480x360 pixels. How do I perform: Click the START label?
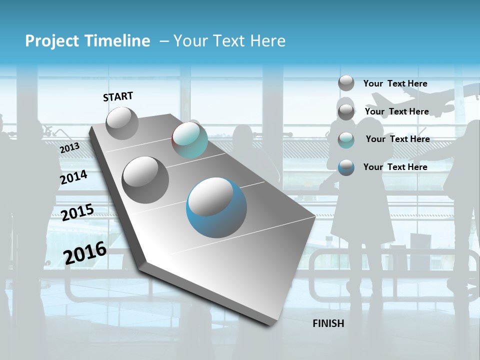[118, 96]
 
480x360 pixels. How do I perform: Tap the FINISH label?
[328, 323]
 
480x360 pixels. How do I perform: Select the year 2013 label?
[69, 147]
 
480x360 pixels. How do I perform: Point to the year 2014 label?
[73, 177]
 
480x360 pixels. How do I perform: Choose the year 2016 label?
[85, 252]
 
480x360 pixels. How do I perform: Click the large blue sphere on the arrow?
[216, 206]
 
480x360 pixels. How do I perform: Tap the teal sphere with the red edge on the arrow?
[189, 140]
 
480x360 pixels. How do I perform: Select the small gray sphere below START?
[122, 123]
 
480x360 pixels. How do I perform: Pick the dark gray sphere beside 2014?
[145, 179]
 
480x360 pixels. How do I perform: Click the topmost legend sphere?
[346, 83]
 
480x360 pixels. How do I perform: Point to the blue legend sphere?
[346, 167]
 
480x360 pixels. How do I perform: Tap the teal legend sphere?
[346, 140]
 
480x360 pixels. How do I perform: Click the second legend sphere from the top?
[346, 112]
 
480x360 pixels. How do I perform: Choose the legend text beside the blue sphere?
[395, 167]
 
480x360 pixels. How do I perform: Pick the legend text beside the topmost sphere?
[395, 83]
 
